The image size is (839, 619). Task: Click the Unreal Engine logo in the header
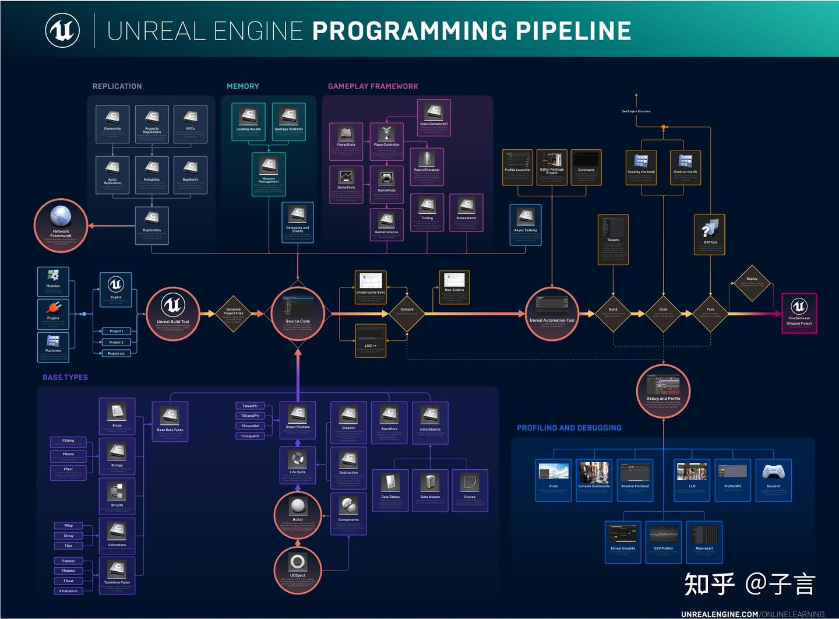[62, 31]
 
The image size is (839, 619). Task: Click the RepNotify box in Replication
[191, 174]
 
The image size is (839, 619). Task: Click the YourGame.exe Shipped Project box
[799, 313]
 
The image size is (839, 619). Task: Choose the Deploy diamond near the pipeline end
[752, 283]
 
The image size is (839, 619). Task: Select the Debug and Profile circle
[663, 390]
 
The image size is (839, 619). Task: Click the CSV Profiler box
[664, 541]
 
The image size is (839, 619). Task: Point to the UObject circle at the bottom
[298, 568]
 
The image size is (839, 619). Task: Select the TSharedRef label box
[250, 426]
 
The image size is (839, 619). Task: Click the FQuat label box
[69, 581]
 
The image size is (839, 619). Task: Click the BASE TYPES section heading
[65, 377]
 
